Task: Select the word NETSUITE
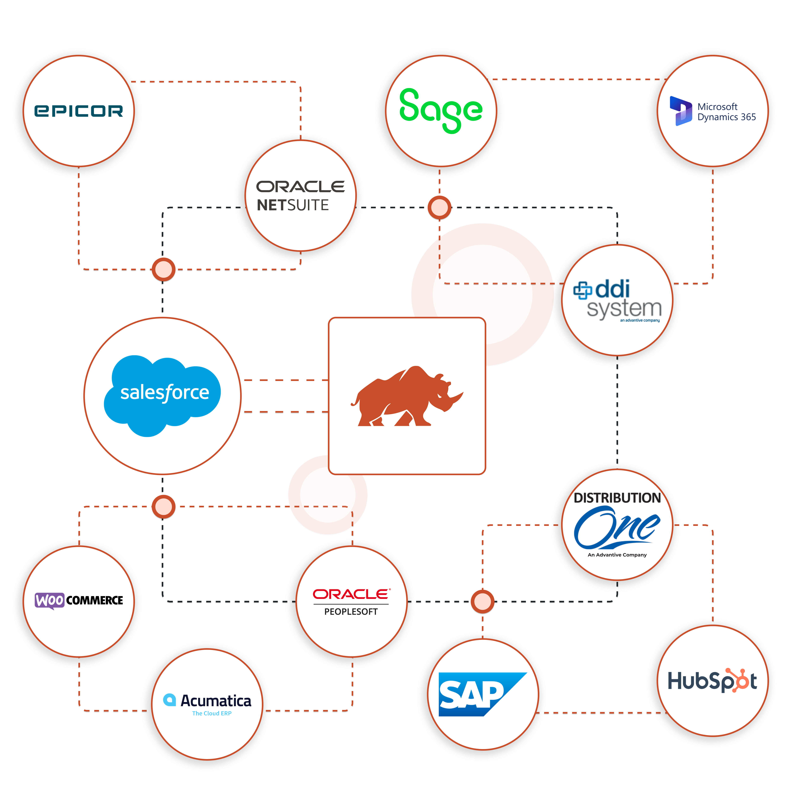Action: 293,205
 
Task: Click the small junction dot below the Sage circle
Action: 439,208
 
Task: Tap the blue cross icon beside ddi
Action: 583,290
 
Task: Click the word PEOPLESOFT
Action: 351,612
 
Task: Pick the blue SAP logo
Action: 476,694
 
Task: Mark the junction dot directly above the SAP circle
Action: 482,601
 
